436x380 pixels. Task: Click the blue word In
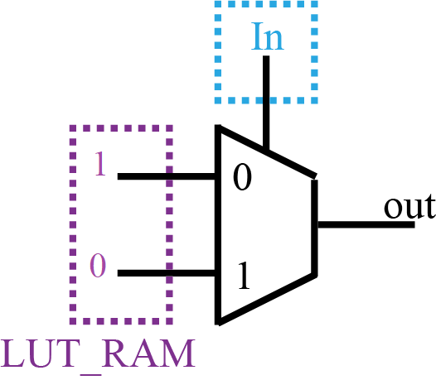point(266,39)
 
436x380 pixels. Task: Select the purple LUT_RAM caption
point(99,354)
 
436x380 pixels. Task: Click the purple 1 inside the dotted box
point(99,165)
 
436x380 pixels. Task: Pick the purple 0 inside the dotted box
point(99,267)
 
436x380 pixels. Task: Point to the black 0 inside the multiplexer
point(241,179)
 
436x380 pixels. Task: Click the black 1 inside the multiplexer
point(241,277)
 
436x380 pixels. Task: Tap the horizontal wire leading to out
point(365,224)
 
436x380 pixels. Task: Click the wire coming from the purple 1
point(166,176)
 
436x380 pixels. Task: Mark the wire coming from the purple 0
point(166,272)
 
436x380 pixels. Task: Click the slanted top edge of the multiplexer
point(265,152)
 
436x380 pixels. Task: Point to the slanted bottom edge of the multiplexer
point(265,298)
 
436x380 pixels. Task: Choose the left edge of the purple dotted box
point(71,224)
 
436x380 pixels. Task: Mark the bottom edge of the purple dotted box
point(121,320)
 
